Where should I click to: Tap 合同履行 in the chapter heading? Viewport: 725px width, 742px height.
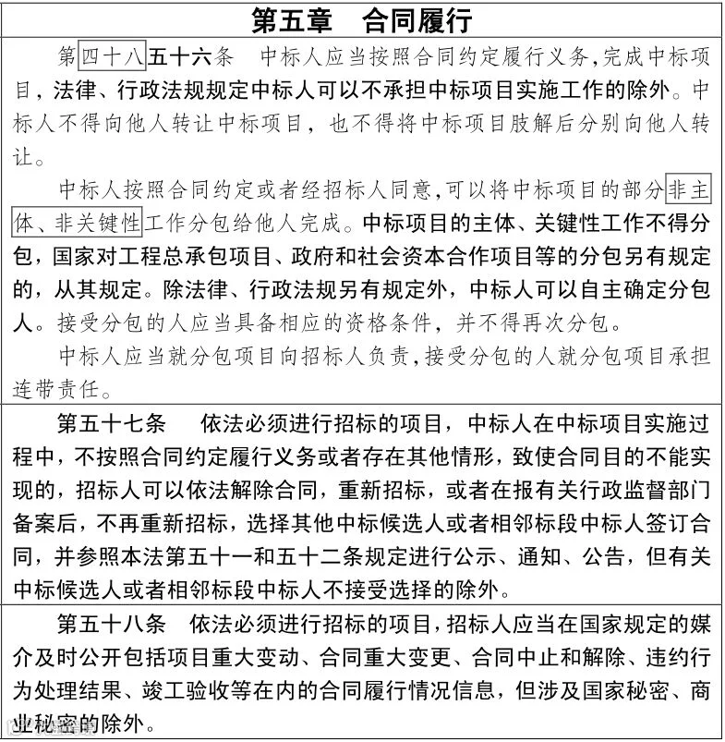pos(417,19)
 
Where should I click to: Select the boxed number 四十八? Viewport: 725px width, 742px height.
pos(112,57)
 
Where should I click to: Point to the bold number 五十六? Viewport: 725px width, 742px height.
pos(181,57)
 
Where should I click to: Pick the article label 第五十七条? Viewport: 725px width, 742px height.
pos(111,425)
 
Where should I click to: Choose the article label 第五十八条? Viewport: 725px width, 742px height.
pos(111,622)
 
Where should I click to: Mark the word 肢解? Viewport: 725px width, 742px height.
pos(526,124)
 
